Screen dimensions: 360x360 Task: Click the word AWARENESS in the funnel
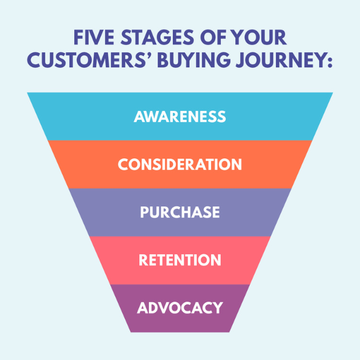(x=180, y=116)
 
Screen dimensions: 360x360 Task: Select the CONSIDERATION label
(x=180, y=164)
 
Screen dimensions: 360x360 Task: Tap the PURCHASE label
(x=180, y=212)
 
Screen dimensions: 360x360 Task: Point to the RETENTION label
(x=180, y=260)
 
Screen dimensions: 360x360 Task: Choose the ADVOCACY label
(x=180, y=308)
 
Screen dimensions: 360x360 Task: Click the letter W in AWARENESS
(x=153, y=116)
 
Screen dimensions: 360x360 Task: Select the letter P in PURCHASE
(x=144, y=212)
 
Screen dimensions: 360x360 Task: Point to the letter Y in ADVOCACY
(x=217, y=308)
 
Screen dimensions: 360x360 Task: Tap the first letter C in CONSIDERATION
(x=124, y=164)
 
